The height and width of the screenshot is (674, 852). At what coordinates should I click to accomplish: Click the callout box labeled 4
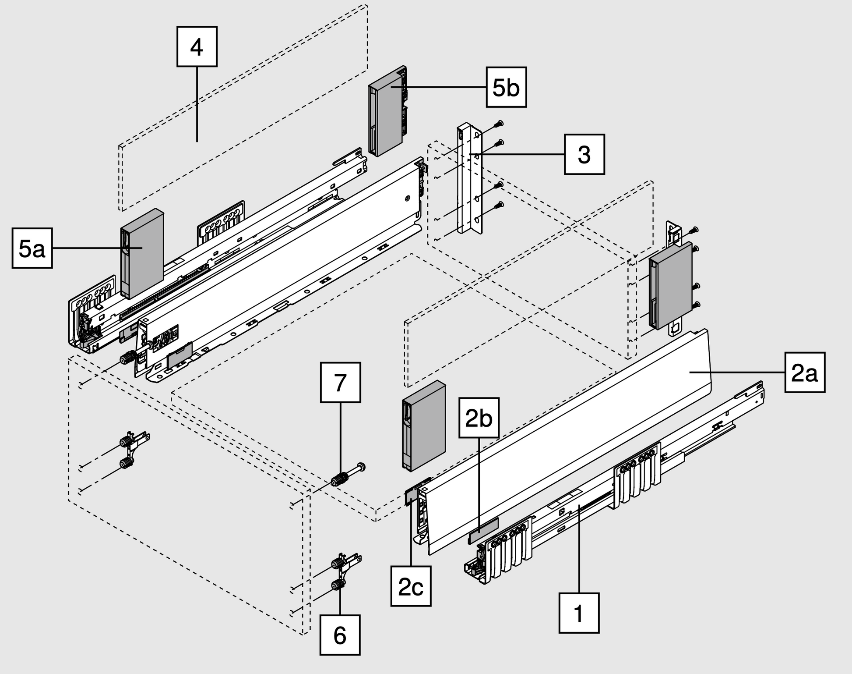point(197,46)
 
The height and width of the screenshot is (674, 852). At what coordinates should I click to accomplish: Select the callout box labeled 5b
point(506,87)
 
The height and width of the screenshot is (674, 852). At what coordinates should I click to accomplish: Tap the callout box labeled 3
point(584,154)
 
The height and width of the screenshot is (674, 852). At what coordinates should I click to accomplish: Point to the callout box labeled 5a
point(32,248)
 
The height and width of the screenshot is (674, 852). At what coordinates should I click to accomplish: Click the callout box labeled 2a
point(805,372)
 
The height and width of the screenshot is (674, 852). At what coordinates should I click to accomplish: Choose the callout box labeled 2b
point(479,418)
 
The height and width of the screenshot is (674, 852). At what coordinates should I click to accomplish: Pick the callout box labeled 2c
point(411,586)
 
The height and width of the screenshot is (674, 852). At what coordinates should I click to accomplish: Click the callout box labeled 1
point(579,613)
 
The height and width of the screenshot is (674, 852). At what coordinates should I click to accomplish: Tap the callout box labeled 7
point(341,383)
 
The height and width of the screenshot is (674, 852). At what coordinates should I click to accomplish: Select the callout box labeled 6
point(340,635)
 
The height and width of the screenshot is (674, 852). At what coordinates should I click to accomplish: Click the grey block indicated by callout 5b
point(388,111)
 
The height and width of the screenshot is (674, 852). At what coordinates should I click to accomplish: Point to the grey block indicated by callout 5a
point(142,253)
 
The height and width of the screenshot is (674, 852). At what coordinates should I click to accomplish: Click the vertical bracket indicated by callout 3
point(470,178)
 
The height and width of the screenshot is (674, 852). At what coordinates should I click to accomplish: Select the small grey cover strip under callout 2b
point(484,530)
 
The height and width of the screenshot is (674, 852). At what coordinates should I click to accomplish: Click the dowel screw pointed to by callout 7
point(349,475)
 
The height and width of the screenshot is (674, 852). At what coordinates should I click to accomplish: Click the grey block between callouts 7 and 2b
point(424,426)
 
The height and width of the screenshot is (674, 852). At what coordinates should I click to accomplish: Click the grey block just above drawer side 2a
point(671,285)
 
